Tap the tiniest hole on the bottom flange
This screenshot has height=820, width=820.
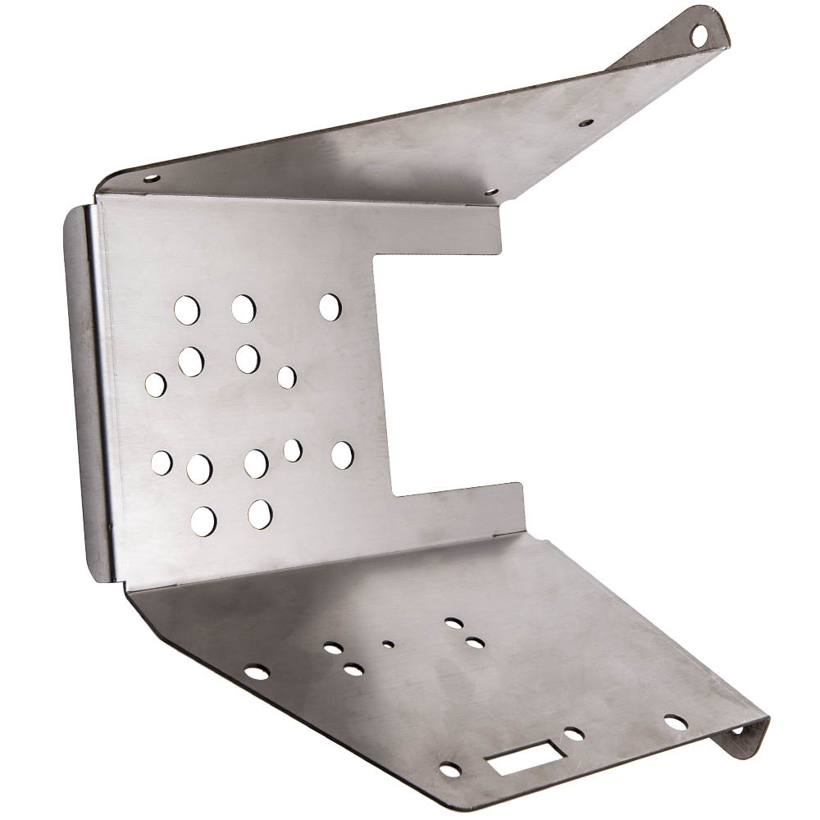click(x=385, y=644)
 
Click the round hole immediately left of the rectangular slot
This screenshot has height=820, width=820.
click(x=450, y=769)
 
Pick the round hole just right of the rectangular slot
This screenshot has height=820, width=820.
click(x=574, y=734)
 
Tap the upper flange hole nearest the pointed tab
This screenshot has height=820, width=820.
click(x=585, y=123)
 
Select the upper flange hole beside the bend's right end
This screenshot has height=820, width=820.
click(x=490, y=194)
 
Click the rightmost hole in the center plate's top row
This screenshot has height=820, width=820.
click(x=330, y=307)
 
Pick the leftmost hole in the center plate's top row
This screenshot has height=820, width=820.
click(x=186, y=308)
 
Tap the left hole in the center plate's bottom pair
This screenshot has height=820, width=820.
click(x=204, y=518)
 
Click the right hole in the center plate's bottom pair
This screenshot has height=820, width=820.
click(x=260, y=513)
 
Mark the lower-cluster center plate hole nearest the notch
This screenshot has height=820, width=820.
click(x=342, y=455)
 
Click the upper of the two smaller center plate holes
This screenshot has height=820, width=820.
click(x=286, y=377)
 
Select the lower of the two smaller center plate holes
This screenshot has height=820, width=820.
click(x=292, y=449)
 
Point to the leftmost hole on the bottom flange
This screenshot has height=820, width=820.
click(x=257, y=672)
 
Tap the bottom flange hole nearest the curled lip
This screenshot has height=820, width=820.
click(x=676, y=722)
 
